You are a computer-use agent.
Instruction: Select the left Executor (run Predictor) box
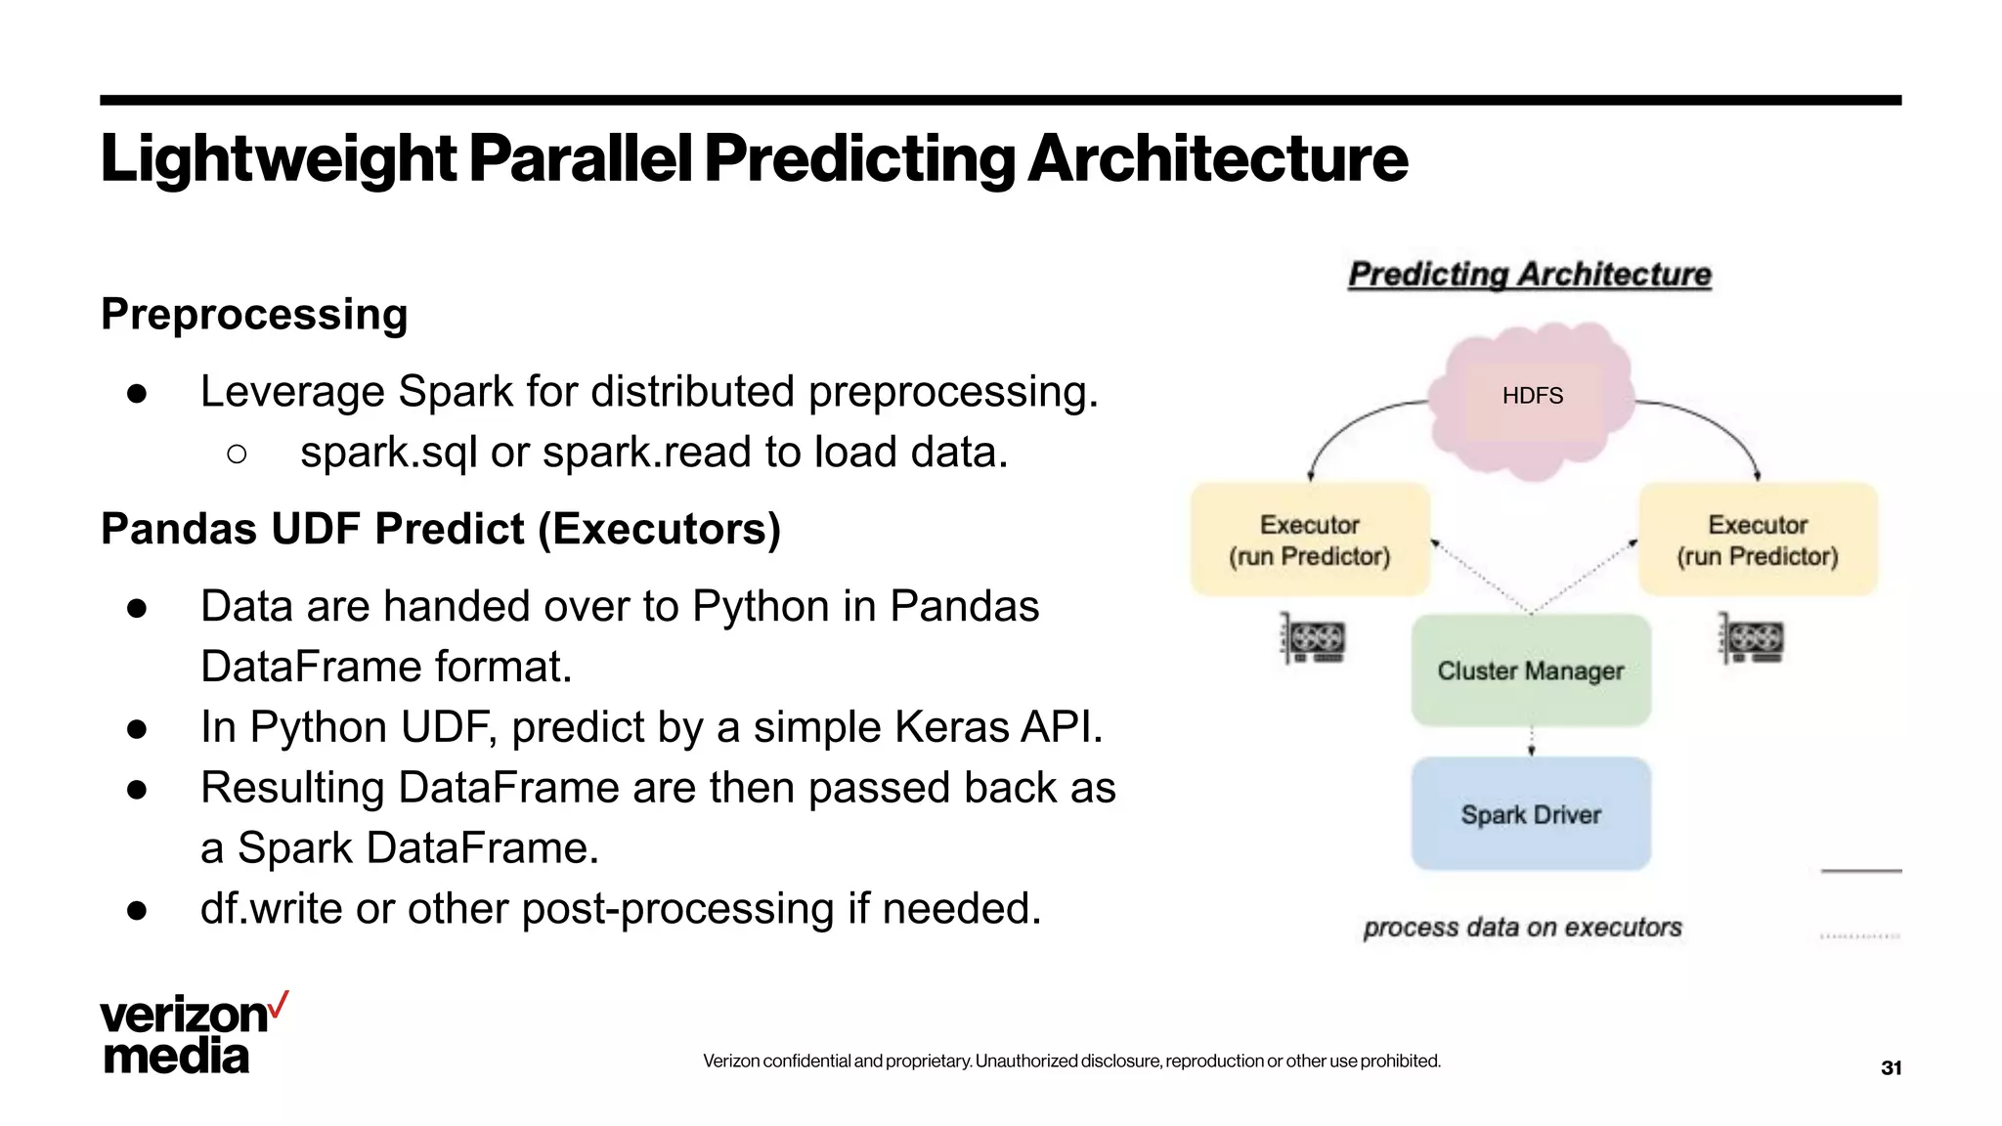coord(1309,540)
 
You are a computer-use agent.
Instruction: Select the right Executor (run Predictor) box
coord(1757,540)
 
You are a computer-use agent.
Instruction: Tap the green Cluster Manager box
coord(1530,671)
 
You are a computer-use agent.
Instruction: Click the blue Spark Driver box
coord(1530,813)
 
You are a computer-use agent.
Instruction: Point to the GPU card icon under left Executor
coord(1313,640)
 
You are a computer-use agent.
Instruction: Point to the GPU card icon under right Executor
coord(1751,640)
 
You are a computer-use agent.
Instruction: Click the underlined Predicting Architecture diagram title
coord(1529,275)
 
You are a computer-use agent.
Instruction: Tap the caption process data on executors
coord(1522,927)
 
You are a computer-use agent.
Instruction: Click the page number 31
coord(1891,1067)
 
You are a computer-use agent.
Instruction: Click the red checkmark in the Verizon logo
coord(279,1005)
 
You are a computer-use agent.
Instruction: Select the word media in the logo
coord(176,1057)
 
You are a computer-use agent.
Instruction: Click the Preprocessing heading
coord(254,315)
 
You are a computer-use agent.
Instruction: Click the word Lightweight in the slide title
coord(279,158)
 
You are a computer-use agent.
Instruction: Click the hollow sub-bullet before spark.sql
coord(236,454)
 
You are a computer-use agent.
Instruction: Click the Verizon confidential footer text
coord(1071,1061)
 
